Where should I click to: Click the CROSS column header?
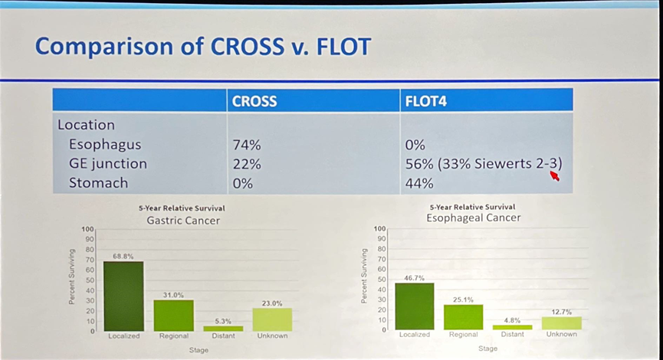[254, 101]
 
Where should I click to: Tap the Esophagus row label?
[105, 144]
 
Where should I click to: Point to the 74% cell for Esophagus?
[247, 144]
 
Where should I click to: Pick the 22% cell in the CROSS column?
[246, 164]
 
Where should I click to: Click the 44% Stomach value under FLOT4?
[419, 184]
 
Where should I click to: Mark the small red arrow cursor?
[554, 176]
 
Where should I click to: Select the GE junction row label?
[107, 164]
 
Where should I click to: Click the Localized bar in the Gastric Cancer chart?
[123, 296]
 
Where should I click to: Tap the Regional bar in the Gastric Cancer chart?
[173, 316]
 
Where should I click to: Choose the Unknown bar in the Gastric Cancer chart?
[272, 319]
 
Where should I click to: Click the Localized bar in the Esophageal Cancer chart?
[415, 306]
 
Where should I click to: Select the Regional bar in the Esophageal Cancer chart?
[464, 317]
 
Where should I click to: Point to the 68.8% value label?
[123, 257]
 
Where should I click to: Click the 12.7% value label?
[562, 312]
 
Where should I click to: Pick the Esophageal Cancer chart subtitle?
[473, 218]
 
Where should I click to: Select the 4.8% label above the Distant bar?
[513, 320]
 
